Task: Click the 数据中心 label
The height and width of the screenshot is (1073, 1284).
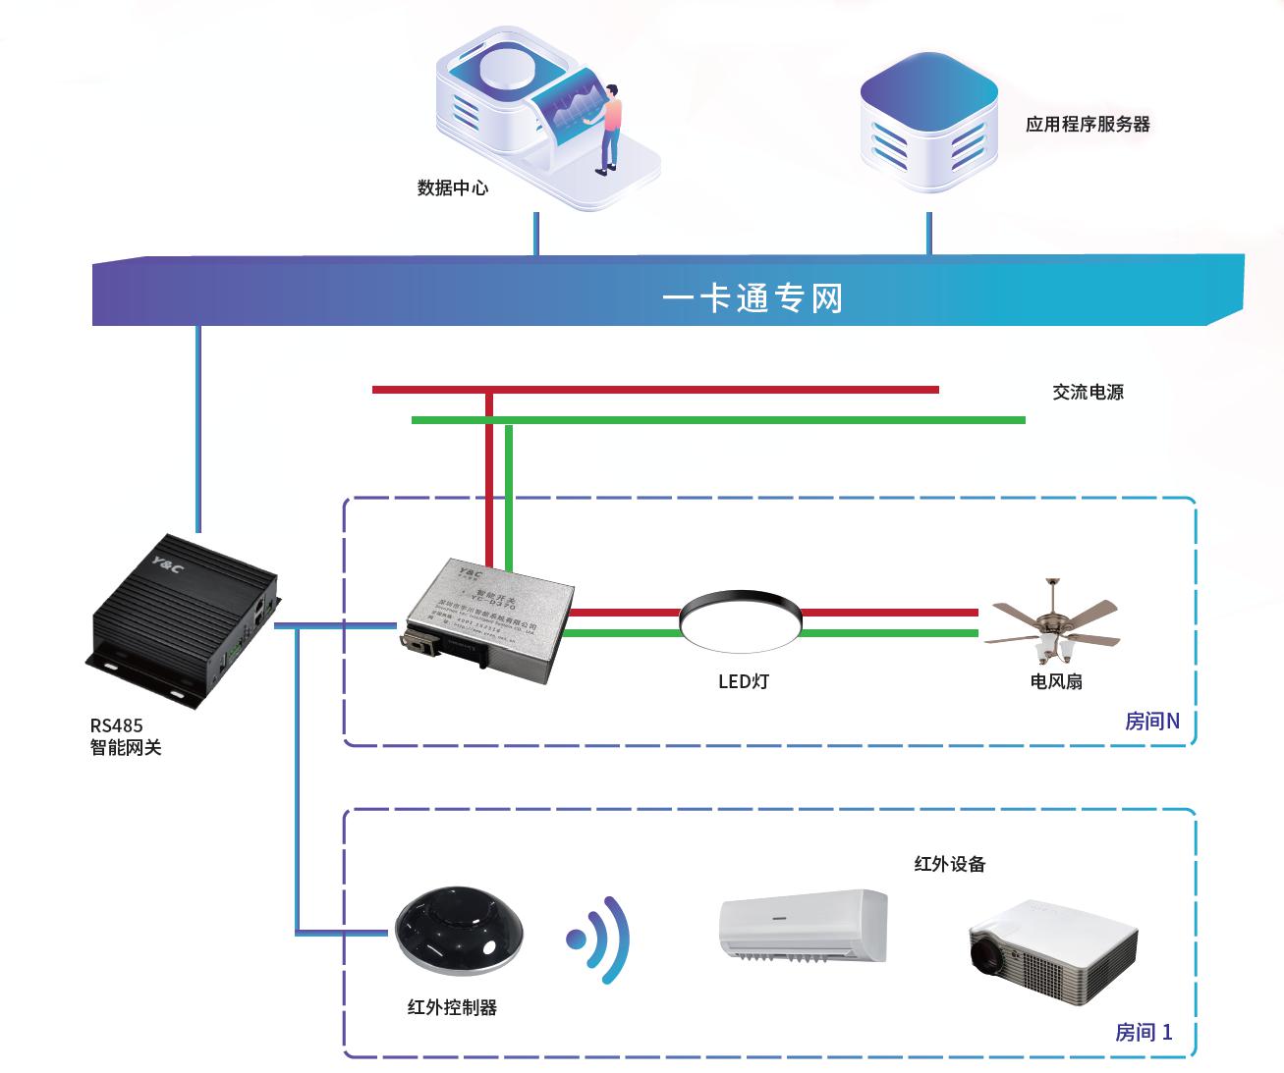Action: coord(452,188)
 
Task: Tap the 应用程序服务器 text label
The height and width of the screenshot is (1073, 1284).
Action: coord(1088,125)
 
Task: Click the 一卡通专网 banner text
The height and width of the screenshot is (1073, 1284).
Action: coord(753,297)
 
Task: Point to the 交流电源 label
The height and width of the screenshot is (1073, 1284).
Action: coord(1088,392)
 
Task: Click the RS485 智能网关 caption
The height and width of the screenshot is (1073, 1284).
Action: coord(125,736)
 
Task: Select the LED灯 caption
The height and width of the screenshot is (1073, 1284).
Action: coord(744,681)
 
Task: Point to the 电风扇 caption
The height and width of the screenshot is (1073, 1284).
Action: coord(1056,681)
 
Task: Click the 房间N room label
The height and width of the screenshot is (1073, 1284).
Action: coord(1151,722)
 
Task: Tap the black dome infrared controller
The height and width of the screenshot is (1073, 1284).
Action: coord(459,931)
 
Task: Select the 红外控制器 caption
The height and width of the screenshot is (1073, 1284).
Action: coord(452,1007)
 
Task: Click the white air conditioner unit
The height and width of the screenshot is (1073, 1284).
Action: coord(803,926)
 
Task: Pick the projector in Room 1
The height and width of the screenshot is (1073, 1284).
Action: coord(1052,950)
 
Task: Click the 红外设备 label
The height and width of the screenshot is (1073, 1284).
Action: coord(949,864)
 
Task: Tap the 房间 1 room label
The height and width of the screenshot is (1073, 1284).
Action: coord(1143,1032)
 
